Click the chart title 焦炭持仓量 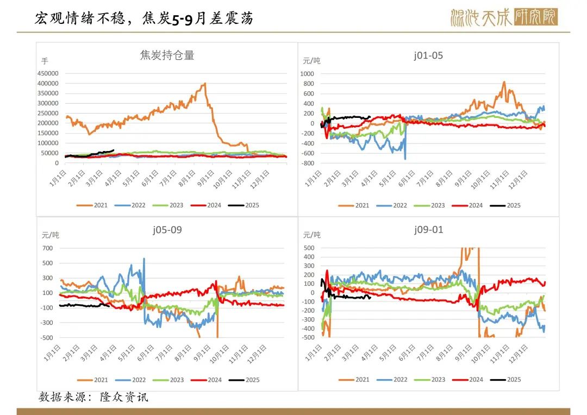[167, 55]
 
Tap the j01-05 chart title [428, 55]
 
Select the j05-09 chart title [167, 230]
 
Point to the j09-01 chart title [428, 230]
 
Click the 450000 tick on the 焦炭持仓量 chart [48, 73]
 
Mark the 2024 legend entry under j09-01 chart [475, 380]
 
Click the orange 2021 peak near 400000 [204, 84]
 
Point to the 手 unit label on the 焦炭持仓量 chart [45, 61]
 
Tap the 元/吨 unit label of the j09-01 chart [311, 235]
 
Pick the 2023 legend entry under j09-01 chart [437, 380]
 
